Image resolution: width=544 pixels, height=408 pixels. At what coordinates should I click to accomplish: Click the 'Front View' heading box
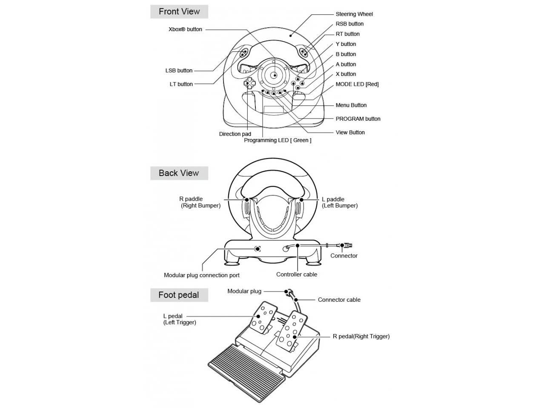point(179,11)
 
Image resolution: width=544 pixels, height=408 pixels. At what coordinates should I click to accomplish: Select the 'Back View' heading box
point(179,173)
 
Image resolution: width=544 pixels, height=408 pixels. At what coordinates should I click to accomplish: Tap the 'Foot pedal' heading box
point(179,295)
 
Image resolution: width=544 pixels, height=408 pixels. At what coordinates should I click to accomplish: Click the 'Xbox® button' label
point(185,29)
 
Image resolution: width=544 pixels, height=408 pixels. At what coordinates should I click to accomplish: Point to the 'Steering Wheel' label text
point(354,14)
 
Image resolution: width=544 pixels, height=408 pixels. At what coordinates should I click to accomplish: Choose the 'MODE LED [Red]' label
point(357,84)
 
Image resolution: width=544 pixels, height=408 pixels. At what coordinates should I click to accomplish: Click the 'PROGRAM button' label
point(358,119)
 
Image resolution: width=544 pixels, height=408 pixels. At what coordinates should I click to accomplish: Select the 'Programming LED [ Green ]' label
point(278,140)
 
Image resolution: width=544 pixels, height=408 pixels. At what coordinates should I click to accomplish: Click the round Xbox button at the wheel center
point(274,75)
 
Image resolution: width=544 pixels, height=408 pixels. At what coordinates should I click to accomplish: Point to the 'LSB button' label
point(179,71)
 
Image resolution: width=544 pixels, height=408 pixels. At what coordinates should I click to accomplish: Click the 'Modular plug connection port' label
point(201,275)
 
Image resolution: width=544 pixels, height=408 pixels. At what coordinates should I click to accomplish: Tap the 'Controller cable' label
point(297,275)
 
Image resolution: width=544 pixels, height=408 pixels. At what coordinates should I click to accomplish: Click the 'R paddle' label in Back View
point(191,199)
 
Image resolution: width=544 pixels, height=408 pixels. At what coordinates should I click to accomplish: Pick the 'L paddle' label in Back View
point(333,199)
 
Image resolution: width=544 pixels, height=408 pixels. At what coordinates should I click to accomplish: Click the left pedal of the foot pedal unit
point(263,317)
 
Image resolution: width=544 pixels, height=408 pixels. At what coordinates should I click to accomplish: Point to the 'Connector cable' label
point(339,300)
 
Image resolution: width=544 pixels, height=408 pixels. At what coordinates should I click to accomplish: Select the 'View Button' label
point(350,132)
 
